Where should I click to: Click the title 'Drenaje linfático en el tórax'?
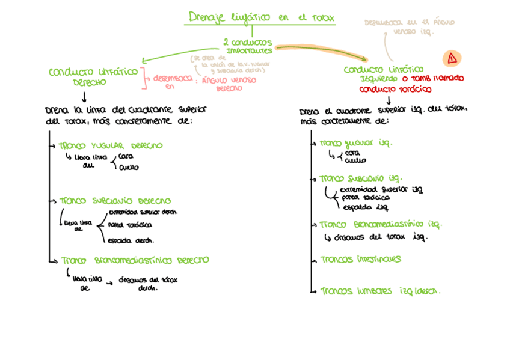[260, 17]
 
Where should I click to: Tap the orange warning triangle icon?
[451, 58]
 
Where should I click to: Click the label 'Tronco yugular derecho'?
[111, 146]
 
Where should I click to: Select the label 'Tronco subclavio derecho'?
[115, 201]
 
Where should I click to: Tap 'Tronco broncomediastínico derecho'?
[135, 261]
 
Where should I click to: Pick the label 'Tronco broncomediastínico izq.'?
[380, 224]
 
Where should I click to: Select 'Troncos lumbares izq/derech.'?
[380, 291]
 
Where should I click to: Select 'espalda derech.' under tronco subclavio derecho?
[131, 240]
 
